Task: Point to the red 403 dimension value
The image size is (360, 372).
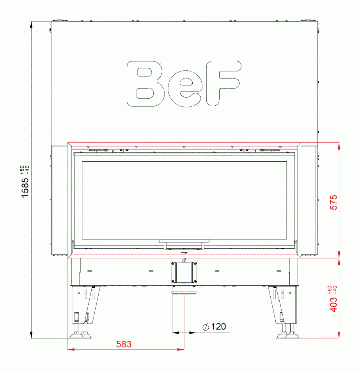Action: [334, 304]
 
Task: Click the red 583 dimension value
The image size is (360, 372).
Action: [124, 344]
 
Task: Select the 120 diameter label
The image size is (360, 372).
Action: [218, 326]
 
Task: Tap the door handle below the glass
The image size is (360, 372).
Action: [184, 244]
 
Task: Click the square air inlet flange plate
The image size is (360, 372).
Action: [184, 272]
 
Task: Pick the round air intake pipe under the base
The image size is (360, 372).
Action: [184, 310]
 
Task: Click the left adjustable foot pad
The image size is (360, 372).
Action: [80, 335]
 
